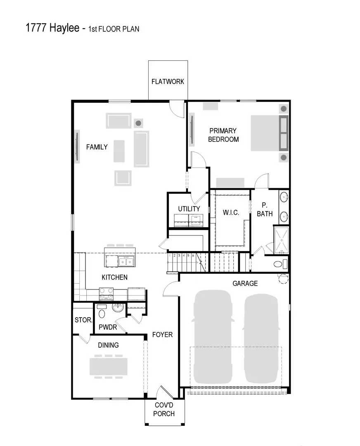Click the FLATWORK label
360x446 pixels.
tap(168, 81)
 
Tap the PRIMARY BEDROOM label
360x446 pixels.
tap(223, 135)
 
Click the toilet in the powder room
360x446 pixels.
tap(102, 314)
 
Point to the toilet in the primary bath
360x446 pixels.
tap(278, 264)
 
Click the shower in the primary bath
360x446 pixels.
tap(281, 240)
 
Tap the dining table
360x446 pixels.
tap(109, 366)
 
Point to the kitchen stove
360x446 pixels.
tap(106, 294)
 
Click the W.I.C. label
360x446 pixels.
tap(230, 212)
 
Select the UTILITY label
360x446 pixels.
tap(189, 209)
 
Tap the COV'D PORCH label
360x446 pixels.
tap(165, 410)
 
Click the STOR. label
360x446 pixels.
tap(83, 320)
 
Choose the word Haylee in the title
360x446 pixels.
tap(63, 28)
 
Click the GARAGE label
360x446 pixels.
tap(245, 283)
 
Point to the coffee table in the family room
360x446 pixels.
tap(119, 151)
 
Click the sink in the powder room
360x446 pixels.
tap(118, 308)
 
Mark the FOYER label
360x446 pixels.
tap(162, 334)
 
